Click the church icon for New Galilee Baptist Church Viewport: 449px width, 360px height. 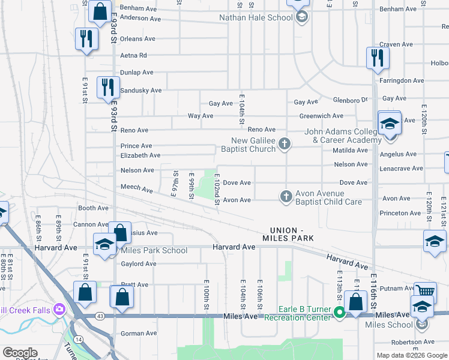tap(285, 144)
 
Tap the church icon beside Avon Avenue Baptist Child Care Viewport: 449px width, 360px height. tap(286, 196)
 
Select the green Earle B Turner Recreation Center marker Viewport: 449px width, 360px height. tap(339, 313)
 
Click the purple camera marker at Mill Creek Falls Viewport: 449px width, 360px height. tap(59, 310)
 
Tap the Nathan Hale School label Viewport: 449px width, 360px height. tap(256, 17)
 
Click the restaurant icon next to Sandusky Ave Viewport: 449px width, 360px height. tap(107, 87)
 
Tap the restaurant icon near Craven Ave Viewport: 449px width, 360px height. tap(378, 58)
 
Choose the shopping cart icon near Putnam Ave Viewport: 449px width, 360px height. tap(424, 291)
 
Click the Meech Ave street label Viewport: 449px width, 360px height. tap(137, 188)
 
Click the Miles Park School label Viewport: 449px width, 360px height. tap(154, 250)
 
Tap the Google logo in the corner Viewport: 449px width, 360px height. tap(20, 353)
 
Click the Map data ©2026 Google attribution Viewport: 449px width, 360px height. tap(412, 355)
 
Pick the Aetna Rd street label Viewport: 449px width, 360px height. tap(133, 55)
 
